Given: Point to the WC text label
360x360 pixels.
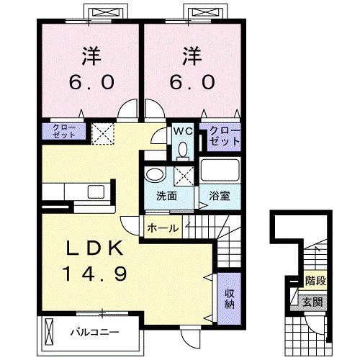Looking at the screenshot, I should pyautogui.click(x=181, y=132).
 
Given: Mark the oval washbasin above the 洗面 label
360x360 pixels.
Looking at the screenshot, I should pyautogui.click(x=153, y=175).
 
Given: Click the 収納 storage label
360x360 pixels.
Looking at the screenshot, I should pyautogui.click(x=228, y=297).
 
